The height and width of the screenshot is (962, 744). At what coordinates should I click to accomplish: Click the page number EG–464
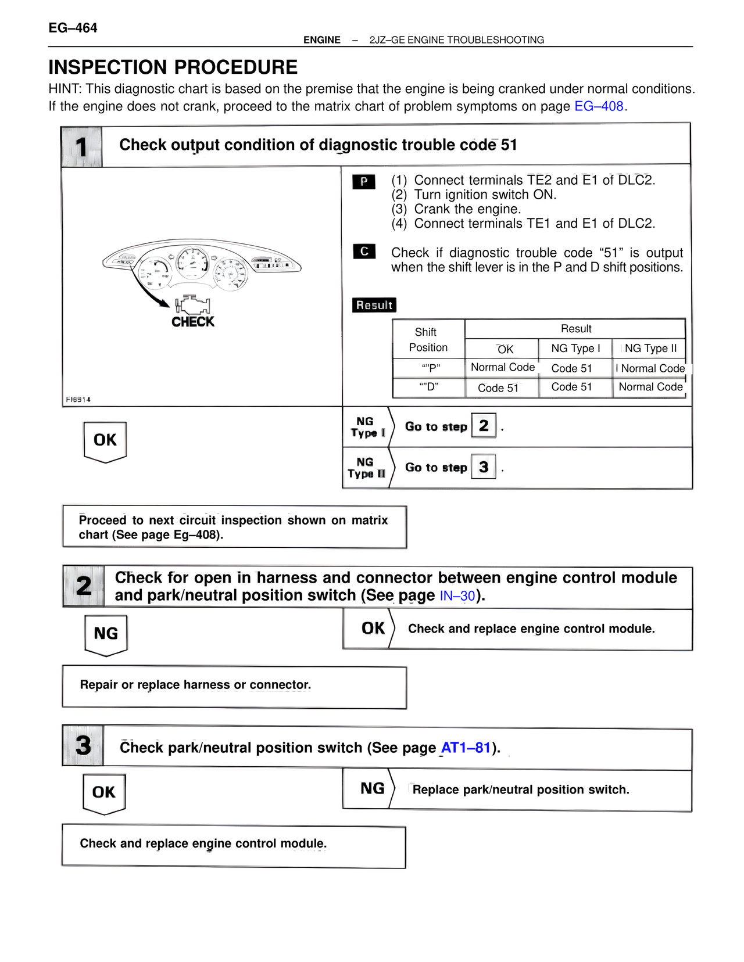click(73, 28)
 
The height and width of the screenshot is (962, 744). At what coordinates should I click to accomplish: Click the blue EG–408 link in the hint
click(599, 106)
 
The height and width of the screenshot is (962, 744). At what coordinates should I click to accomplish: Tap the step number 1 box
click(81, 146)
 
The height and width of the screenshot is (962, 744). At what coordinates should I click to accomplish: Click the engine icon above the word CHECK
click(192, 304)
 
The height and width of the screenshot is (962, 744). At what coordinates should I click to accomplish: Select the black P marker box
click(364, 182)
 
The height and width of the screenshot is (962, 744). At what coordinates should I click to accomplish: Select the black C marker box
click(364, 252)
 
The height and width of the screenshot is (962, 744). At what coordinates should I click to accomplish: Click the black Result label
click(374, 305)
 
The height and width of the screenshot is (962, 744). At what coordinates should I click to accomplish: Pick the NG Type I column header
click(575, 349)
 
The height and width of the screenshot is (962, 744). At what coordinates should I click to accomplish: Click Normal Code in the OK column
click(503, 367)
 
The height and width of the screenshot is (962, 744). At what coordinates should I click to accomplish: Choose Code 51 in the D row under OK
click(498, 388)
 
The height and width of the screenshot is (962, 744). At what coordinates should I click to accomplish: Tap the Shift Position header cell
click(428, 340)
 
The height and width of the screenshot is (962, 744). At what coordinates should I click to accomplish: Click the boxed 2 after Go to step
click(484, 426)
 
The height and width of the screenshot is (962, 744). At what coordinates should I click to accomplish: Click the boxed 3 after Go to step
click(484, 466)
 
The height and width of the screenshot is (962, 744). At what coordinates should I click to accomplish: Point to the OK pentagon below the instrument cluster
click(105, 441)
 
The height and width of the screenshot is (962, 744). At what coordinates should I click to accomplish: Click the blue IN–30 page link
click(457, 596)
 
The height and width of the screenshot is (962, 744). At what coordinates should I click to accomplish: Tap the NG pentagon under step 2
click(106, 634)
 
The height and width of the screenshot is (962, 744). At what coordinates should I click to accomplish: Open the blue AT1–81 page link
click(466, 748)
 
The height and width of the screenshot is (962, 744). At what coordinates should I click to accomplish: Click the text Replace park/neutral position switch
click(521, 789)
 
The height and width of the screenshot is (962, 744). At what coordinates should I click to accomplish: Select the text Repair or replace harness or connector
click(195, 685)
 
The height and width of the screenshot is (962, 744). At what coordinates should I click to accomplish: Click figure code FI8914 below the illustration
click(78, 400)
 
